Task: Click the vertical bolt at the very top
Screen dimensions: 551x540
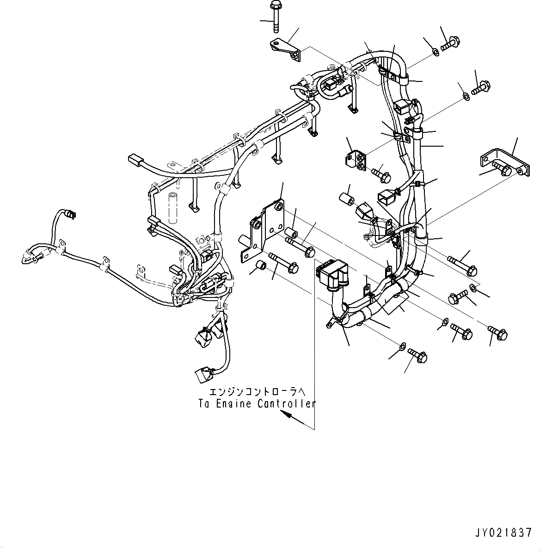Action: [276, 17]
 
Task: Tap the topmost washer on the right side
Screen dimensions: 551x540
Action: [436, 52]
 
